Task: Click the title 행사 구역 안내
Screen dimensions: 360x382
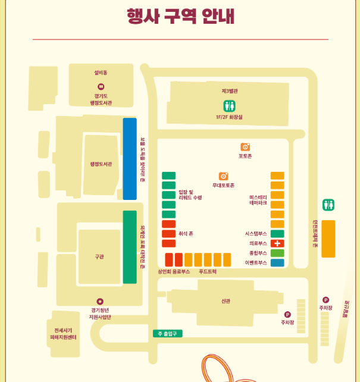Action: (x=180, y=16)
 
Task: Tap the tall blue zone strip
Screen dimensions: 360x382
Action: (x=130, y=159)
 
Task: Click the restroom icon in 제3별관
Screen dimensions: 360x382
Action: (x=229, y=105)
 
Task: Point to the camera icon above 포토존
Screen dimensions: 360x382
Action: (x=245, y=146)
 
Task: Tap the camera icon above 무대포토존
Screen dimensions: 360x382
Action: (x=223, y=176)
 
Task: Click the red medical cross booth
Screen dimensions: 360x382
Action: (x=277, y=243)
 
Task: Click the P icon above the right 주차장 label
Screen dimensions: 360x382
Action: (x=325, y=300)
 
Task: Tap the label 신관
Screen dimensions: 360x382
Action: (x=226, y=301)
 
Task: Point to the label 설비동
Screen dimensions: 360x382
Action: (x=101, y=73)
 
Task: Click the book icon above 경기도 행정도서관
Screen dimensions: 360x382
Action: (x=101, y=87)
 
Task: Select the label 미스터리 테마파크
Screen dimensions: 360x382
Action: (x=258, y=200)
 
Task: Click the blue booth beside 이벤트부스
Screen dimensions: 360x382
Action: (x=277, y=262)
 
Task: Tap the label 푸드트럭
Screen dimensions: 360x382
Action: (x=208, y=271)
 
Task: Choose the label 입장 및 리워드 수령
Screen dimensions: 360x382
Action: (x=190, y=195)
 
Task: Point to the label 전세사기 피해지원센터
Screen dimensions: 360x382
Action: (x=63, y=334)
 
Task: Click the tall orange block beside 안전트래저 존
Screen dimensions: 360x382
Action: (x=328, y=239)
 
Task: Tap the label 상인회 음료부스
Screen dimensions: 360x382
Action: (x=174, y=271)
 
